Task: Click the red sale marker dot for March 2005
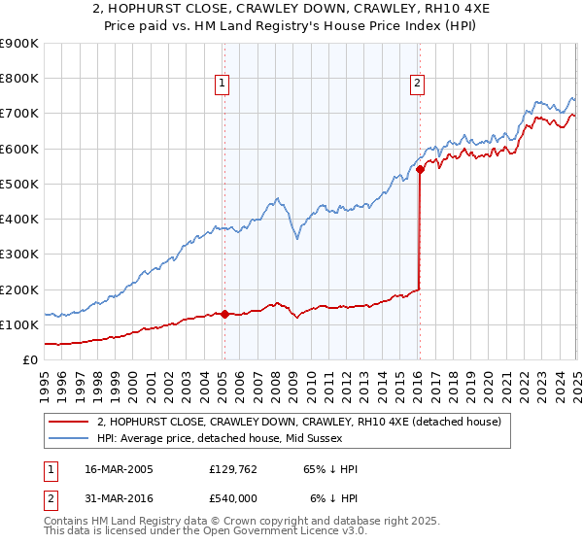[224, 314]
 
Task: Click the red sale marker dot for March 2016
[420, 169]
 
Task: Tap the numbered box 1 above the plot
[223, 85]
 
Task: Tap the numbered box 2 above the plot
[417, 85]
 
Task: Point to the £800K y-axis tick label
[19, 78]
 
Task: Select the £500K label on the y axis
[19, 184]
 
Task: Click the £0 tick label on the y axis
[30, 359]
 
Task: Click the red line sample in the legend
[69, 421]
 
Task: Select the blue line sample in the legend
[69, 439]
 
